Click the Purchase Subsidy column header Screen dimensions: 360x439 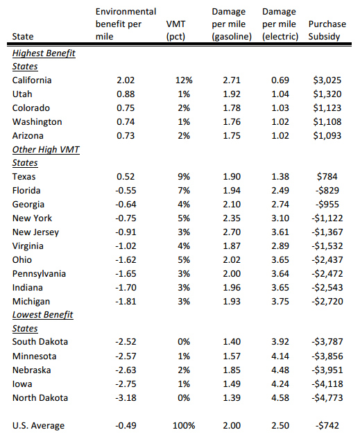click(327, 31)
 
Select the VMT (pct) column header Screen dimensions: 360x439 click(175, 31)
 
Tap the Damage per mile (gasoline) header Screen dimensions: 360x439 click(232, 24)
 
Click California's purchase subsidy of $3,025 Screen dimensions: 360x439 click(327, 80)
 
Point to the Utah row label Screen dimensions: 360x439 click(22, 94)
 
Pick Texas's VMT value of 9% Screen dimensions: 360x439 click(184, 177)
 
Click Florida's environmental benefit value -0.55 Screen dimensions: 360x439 click(126, 191)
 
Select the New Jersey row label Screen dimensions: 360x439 click(35, 232)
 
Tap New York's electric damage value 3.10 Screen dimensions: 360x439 click(280, 218)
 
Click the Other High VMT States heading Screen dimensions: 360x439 click(46, 156)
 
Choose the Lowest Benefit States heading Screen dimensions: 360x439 click(42, 321)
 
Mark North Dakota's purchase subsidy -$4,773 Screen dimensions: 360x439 click(327, 398)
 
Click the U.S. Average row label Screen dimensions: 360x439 click(38, 426)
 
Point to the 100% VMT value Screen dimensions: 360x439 click(184, 426)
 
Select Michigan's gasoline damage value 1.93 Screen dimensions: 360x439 click(232, 301)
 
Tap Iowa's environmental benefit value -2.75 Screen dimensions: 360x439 click(126, 384)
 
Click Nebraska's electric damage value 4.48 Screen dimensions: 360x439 click(280, 370)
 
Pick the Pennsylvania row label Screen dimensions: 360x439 click(39, 274)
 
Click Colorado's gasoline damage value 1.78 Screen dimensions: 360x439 click(232, 108)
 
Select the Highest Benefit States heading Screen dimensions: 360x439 click(44, 60)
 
